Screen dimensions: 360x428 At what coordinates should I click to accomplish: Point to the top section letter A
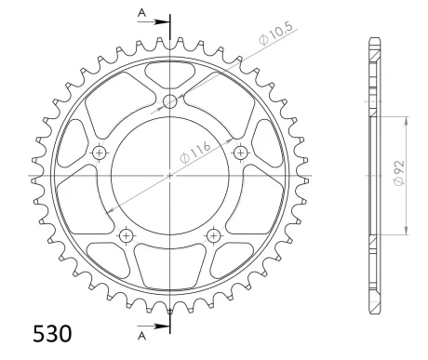tap(140, 11)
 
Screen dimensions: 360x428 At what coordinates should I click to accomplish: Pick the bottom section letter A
tap(140, 336)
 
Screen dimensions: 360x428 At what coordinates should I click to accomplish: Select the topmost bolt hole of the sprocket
tap(170, 101)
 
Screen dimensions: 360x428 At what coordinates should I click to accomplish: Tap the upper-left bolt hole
tap(100, 152)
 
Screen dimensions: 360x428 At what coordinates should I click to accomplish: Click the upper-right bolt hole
tap(240, 152)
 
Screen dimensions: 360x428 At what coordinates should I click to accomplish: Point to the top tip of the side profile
tap(373, 40)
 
